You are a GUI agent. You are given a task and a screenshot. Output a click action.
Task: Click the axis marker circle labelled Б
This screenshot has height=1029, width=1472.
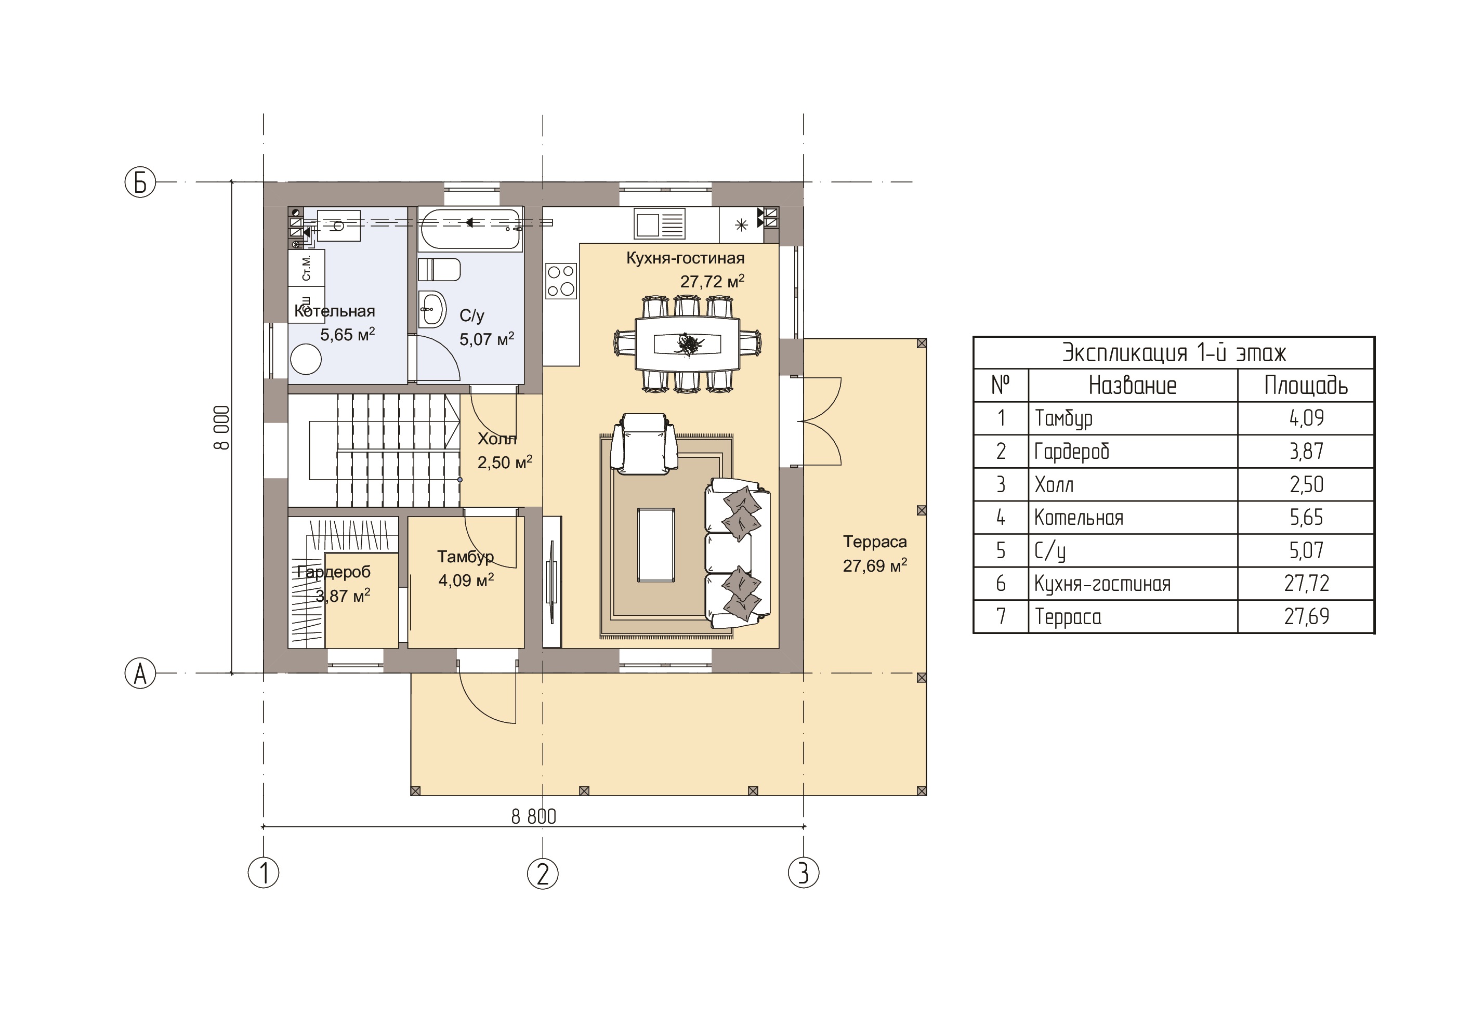tap(140, 182)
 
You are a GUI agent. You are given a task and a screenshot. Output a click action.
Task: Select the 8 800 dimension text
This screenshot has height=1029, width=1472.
tap(533, 816)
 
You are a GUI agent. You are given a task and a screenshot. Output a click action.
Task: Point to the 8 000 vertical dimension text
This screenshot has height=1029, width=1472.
tap(222, 428)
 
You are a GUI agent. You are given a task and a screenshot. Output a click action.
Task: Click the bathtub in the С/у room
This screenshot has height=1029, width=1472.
tap(471, 229)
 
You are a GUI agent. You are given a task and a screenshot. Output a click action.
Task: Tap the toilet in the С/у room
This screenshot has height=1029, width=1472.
tap(439, 270)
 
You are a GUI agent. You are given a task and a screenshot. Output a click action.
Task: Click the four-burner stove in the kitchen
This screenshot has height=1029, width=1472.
tap(561, 281)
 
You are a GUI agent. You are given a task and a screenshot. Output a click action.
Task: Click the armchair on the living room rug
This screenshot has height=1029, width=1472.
tap(643, 444)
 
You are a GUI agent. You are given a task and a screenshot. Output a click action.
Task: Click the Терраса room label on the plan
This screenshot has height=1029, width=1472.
tap(874, 542)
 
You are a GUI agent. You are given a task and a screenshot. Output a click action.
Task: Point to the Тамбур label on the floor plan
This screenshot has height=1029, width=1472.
tap(465, 557)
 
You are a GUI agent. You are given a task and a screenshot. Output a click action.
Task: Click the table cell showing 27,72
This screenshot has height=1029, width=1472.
tap(1306, 584)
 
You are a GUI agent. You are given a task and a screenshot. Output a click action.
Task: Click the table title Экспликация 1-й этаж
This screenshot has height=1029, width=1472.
tap(1174, 353)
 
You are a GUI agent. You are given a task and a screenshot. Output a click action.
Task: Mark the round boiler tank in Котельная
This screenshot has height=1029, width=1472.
tap(306, 360)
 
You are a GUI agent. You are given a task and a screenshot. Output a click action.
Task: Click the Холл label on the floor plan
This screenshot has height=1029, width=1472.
tap(497, 439)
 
